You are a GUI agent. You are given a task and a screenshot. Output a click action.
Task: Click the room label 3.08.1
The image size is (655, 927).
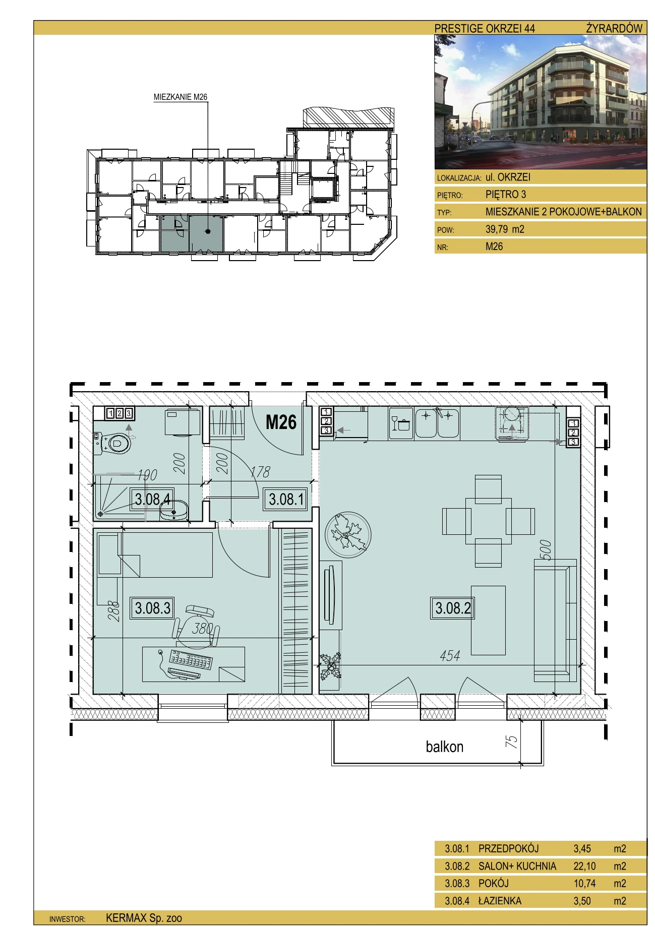pos(286,499)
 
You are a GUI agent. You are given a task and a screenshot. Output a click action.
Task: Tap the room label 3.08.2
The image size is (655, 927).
pos(452,608)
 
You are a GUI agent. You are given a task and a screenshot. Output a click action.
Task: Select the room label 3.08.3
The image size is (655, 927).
pos(152,608)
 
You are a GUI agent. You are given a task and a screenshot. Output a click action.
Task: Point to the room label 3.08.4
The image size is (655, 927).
pos(152,499)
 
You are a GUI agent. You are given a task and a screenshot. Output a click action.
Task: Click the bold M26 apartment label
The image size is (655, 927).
pos(281,422)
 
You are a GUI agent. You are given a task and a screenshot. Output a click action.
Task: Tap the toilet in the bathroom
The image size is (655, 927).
pos(113,443)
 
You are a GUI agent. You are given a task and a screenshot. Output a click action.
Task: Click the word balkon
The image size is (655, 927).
pos(444,747)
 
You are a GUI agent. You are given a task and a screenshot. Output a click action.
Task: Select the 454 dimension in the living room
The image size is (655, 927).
pos(450,655)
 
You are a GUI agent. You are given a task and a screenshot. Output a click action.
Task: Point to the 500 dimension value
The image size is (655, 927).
pos(546,550)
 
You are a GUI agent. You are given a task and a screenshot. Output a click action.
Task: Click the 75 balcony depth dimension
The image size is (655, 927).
pos(511,741)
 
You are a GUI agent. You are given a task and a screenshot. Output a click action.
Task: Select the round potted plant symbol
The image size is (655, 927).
pos(348,534)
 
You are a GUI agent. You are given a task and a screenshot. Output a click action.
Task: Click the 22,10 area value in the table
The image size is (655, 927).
pos(584,866)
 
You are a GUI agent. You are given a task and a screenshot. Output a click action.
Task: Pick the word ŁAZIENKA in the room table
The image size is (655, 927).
pos(500,901)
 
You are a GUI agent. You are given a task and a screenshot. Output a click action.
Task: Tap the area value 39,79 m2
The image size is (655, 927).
pos(505,229)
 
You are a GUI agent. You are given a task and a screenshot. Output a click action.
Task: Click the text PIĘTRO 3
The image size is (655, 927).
pos(506,195)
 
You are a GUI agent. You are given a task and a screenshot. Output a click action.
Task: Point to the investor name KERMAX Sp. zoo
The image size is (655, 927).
pos(144,918)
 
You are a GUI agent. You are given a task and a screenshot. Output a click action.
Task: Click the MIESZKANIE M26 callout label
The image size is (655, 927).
pos(181,97)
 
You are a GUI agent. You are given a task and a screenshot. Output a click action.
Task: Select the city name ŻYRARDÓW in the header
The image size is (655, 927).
pos(614,28)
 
